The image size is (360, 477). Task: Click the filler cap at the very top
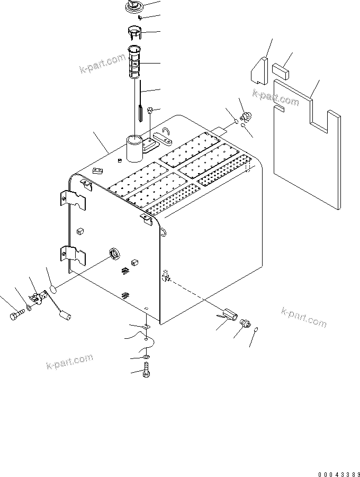pyautogui.click(x=133, y=7)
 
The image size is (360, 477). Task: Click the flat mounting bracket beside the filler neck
pyautogui.click(x=158, y=142)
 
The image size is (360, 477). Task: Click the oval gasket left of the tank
pyautogui.click(x=53, y=289)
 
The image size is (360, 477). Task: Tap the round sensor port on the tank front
pyautogui.click(x=114, y=254)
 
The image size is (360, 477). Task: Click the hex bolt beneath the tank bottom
pyautogui.click(x=147, y=374)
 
